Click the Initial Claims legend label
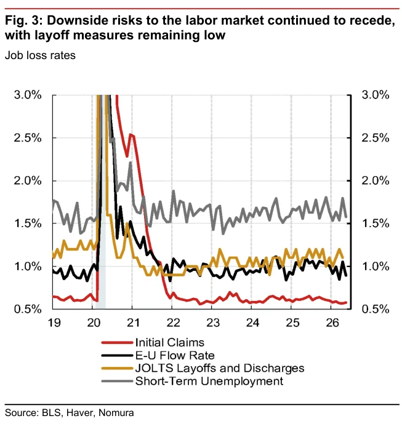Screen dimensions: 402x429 click(x=170, y=343)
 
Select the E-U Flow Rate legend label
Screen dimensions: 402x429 click(x=175, y=355)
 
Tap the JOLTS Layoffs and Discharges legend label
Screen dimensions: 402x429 click(x=220, y=368)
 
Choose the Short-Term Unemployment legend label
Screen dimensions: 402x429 click(x=209, y=381)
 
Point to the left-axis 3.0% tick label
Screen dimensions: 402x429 click(x=28, y=95)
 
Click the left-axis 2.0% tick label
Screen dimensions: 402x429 click(x=28, y=181)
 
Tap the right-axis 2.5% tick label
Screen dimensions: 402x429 click(x=375, y=138)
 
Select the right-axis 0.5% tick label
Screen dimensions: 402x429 click(x=375, y=309)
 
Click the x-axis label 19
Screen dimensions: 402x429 click(x=54, y=323)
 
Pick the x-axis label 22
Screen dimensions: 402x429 click(x=173, y=323)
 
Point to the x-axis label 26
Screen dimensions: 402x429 click(x=332, y=323)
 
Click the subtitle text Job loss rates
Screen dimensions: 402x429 click(x=40, y=55)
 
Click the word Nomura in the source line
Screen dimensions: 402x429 click(x=116, y=412)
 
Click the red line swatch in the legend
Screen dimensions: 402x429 click(x=117, y=343)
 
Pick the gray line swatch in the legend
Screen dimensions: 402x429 click(x=117, y=381)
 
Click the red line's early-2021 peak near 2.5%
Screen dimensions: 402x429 click(x=131, y=134)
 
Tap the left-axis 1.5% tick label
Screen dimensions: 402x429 click(x=28, y=224)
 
